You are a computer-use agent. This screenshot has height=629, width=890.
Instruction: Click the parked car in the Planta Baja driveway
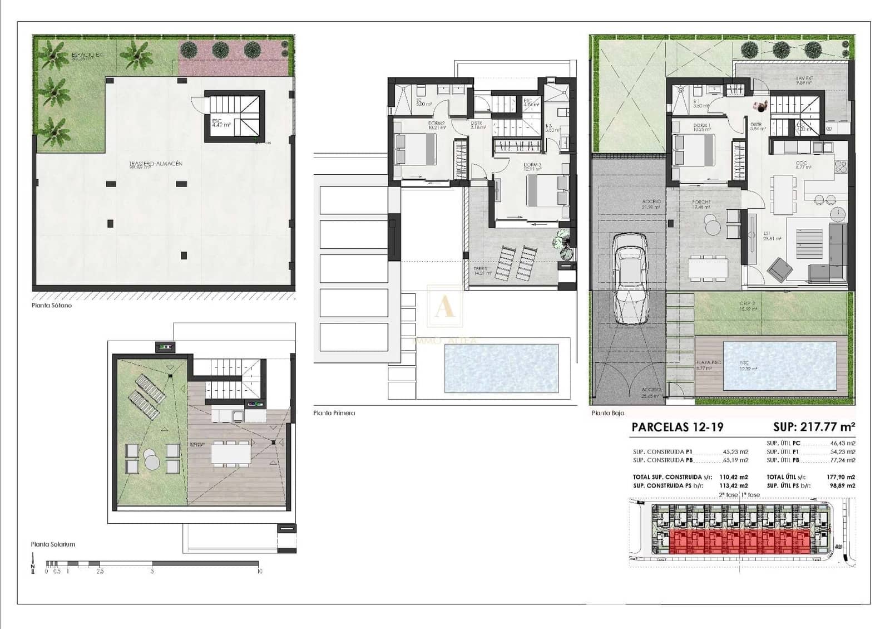point(630,278)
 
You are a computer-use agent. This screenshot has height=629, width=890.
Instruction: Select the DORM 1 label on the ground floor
point(701,126)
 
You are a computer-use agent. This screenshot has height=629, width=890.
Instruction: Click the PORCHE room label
point(701,203)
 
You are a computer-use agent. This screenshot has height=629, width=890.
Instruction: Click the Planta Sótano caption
point(52,306)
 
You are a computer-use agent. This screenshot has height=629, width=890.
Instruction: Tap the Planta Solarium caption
point(53,544)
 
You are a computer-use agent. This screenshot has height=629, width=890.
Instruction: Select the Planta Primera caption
point(334,413)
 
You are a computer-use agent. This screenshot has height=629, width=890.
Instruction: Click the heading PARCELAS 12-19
point(677,427)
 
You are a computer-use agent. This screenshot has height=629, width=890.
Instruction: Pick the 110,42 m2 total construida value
point(734,477)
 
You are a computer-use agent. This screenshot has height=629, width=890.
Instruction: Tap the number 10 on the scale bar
point(259,571)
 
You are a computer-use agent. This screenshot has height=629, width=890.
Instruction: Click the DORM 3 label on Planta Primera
point(532,165)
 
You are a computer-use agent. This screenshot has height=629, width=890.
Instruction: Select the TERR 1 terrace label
point(482,269)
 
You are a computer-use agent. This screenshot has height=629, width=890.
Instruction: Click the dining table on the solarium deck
point(230,453)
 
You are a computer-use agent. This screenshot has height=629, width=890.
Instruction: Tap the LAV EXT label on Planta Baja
point(804,79)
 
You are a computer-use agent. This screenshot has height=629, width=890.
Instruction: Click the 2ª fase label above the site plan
point(728,495)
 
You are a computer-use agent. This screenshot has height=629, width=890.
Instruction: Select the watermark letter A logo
point(444,306)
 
